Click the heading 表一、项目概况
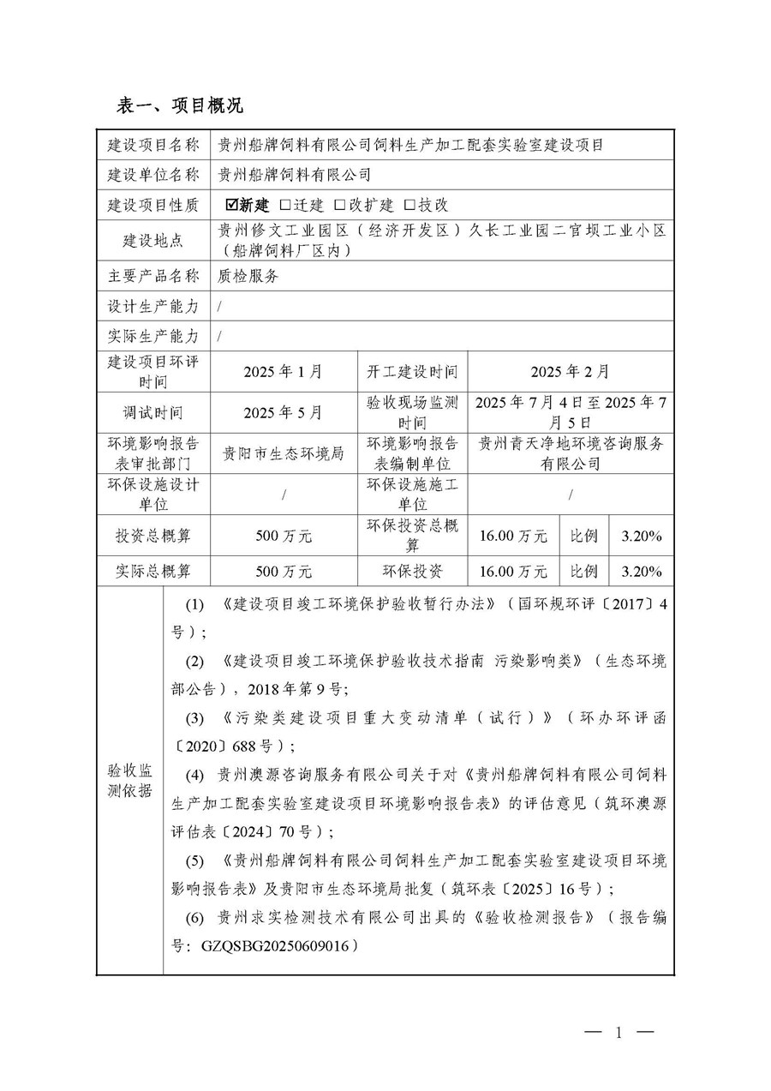180,105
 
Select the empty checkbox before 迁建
285,205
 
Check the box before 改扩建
340,205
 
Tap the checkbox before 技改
409,205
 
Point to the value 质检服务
248,276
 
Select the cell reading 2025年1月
283,372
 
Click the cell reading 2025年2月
570,372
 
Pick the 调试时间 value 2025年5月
283,413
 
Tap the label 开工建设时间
412,372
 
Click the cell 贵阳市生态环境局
283,453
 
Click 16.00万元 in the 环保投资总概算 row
513,537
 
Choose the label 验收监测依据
129,780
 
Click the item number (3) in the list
195,717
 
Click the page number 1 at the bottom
617,1033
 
